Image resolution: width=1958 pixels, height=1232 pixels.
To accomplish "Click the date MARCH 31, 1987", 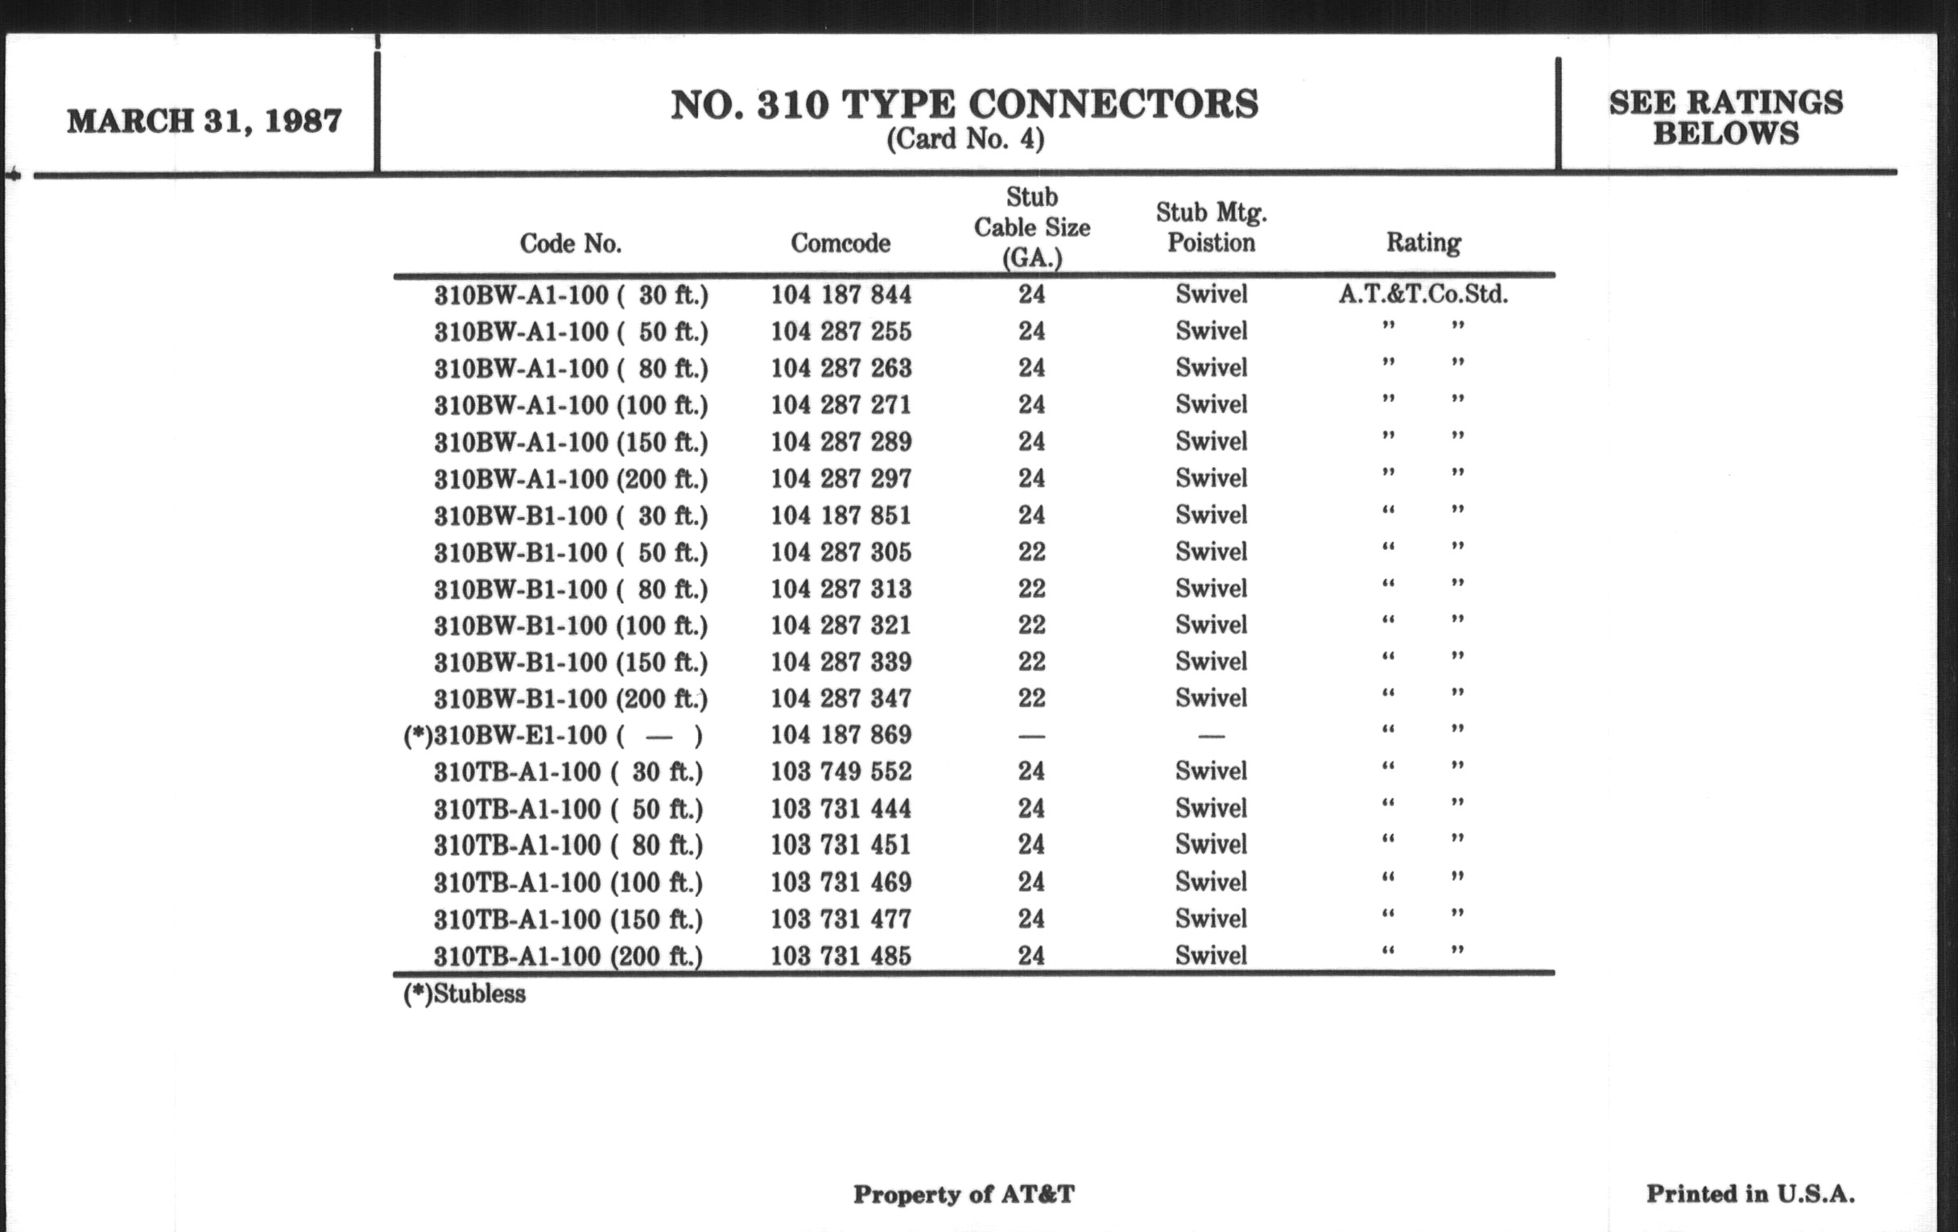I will point(204,121).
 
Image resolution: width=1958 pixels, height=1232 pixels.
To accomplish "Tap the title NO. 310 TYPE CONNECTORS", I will point(965,105).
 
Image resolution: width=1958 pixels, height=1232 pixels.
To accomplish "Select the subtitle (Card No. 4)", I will point(965,140).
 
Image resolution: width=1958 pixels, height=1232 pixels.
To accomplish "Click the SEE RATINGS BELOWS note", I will point(1725,118).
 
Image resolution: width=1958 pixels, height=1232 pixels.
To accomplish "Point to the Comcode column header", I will point(840,242).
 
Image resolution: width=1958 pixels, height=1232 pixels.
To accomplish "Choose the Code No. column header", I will point(570,242).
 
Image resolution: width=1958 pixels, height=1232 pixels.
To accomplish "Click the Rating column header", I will point(1423,242).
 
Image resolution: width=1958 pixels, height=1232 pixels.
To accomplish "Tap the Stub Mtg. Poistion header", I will point(1211,228).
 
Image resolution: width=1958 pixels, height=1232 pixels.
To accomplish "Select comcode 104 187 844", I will point(841,295).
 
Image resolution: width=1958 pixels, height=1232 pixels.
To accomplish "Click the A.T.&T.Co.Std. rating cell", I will point(1423,295).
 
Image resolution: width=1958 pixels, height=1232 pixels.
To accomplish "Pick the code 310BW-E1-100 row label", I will point(553,735).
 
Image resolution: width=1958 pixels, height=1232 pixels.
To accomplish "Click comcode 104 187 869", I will point(841,735).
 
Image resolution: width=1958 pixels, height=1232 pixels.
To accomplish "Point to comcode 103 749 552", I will point(841,771).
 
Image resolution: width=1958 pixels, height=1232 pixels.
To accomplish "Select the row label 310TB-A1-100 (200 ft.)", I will point(568,956).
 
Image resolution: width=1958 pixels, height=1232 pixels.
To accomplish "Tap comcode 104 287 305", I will point(841,552).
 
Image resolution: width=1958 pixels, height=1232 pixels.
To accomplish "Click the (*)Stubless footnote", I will point(465,994).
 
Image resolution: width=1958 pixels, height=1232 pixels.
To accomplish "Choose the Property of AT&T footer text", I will point(964,1194).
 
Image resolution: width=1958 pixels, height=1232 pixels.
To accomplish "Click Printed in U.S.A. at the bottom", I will point(1749,1194).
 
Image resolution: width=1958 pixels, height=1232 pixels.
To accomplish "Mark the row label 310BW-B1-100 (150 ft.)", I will point(570,662).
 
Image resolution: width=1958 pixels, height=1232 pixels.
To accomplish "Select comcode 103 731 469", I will point(841,883).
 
